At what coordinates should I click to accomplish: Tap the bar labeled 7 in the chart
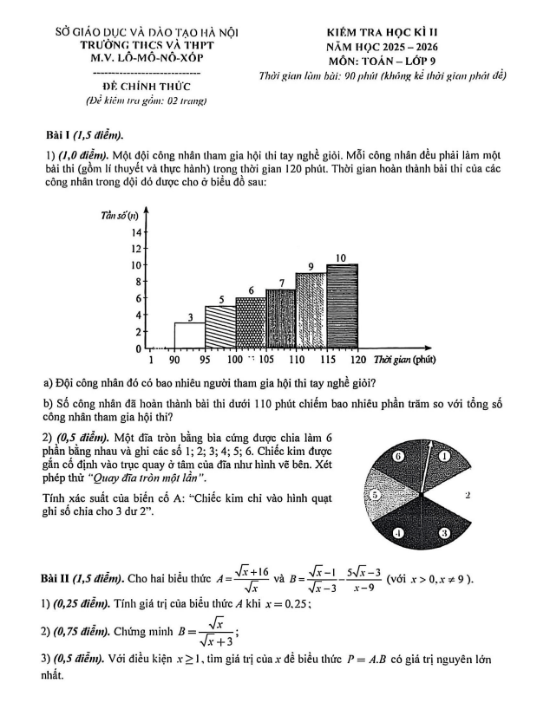tap(281, 319)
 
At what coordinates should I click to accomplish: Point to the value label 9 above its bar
tap(311, 265)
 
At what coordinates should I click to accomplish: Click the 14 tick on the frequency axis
tap(135, 232)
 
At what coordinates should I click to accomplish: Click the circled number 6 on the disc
tap(399, 455)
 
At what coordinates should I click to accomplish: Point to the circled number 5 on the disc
tap(376, 495)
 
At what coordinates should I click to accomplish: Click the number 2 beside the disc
tap(468, 495)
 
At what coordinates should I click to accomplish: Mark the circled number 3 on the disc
tap(444, 534)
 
